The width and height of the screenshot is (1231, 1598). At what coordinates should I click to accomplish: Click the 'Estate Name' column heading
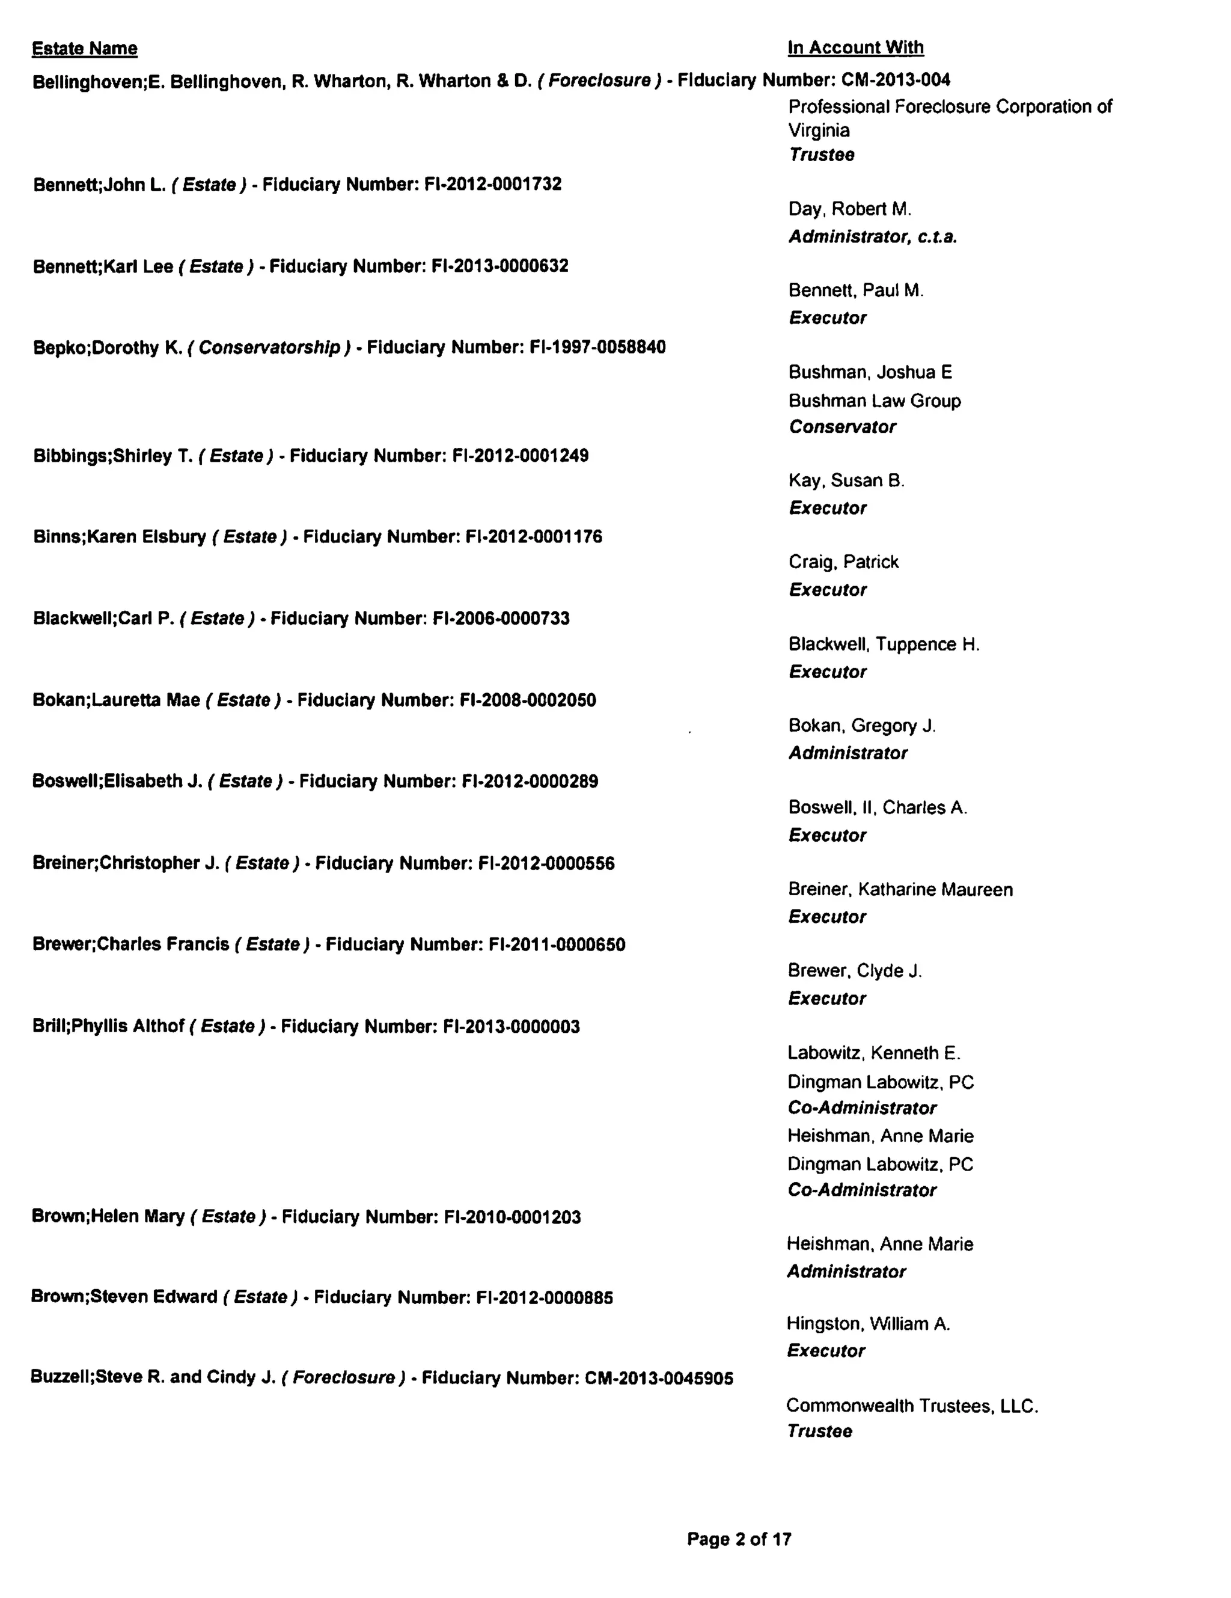84,49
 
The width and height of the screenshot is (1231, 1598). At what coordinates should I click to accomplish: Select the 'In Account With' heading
855,48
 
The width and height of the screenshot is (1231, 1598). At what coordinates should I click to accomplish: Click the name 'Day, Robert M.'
849,209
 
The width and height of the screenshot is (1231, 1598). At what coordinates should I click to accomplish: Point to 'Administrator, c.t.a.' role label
873,237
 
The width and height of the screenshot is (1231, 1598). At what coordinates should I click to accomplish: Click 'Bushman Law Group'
874,401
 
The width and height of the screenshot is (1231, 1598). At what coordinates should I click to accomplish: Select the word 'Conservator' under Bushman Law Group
842,427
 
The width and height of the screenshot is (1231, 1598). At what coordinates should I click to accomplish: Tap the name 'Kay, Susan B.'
846,481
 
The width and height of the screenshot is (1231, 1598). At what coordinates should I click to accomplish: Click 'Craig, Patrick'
843,562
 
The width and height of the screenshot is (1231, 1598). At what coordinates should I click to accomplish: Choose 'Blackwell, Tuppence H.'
884,644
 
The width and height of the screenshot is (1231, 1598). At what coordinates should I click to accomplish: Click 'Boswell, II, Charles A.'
877,808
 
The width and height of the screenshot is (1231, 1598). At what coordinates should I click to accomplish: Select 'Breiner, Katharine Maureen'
900,890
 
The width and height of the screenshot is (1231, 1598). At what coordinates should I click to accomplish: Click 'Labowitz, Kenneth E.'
873,1053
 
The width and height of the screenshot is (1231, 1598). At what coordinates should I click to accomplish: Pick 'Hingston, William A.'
868,1324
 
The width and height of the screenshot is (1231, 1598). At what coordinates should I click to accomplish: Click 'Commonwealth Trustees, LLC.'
912,1406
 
